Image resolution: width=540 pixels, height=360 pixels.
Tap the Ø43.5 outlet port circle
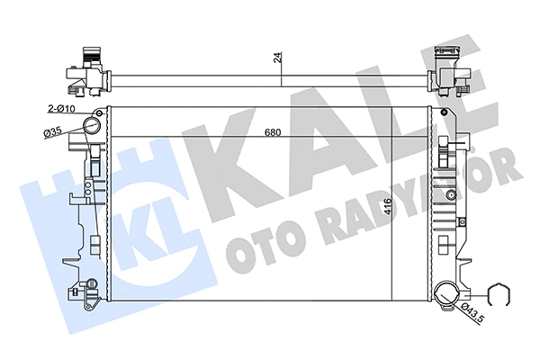445,292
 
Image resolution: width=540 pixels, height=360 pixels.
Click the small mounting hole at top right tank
443,112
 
